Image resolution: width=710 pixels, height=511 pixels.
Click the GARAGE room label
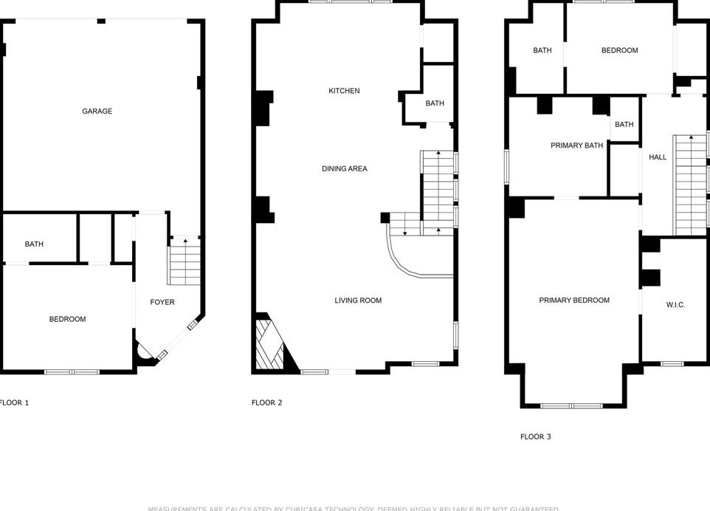(x=97, y=112)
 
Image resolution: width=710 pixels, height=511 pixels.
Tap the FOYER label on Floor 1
(x=162, y=302)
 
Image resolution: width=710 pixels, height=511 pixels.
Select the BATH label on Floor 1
(x=34, y=244)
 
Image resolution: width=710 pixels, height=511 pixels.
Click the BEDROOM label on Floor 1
(x=67, y=319)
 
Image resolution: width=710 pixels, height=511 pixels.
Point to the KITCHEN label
(x=344, y=91)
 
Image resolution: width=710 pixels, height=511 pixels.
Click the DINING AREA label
(x=344, y=169)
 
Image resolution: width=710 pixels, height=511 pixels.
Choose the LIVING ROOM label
(x=358, y=301)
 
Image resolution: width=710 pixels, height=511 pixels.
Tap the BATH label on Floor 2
(x=435, y=103)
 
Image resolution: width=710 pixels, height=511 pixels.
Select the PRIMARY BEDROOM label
(x=574, y=301)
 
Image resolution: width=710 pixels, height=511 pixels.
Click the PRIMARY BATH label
(x=576, y=145)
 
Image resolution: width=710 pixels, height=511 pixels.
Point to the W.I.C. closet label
(x=675, y=305)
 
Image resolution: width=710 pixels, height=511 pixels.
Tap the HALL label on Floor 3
(x=658, y=157)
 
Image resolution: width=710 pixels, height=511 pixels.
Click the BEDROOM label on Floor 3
(x=619, y=50)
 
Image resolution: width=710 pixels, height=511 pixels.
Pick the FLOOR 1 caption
(x=14, y=402)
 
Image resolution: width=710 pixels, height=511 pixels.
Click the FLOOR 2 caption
(x=266, y=402)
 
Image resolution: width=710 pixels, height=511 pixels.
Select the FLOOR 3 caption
(x=535, y=436)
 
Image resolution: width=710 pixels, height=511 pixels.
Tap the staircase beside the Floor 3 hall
(x=690, y=185)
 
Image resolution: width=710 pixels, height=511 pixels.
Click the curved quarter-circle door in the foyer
(x=143, y=353)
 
